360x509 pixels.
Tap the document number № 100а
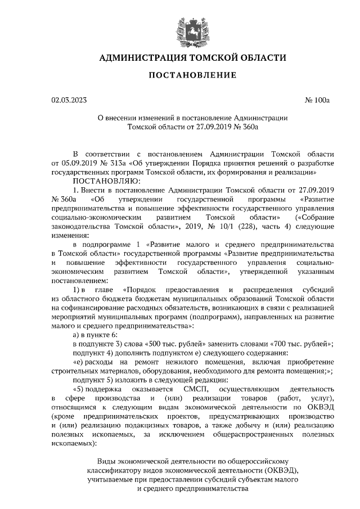pos(317,101)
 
